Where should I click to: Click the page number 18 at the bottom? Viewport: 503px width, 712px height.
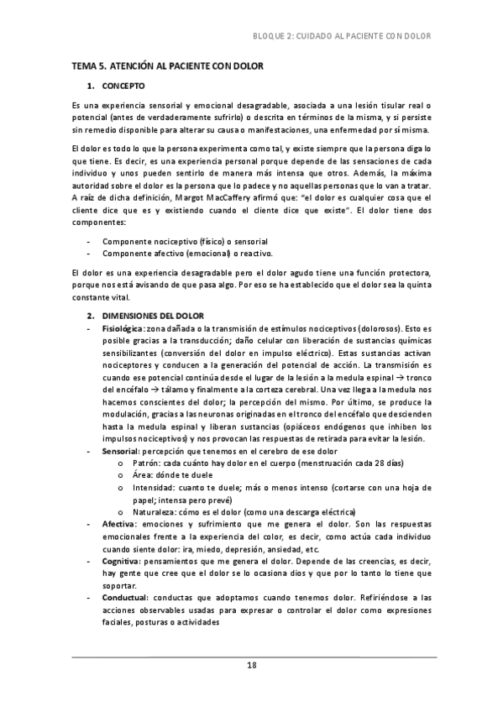pos(251,665)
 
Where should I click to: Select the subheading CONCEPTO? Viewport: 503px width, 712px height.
pos(123,86)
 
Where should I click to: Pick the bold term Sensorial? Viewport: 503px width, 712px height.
pos(120,452)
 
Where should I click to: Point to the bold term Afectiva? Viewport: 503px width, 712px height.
pos(118,523)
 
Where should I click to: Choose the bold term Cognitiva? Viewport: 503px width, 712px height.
pos(121,558)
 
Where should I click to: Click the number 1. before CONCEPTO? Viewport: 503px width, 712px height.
pos(91,86)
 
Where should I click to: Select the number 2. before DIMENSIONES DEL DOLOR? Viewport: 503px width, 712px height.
pos(91,315)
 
